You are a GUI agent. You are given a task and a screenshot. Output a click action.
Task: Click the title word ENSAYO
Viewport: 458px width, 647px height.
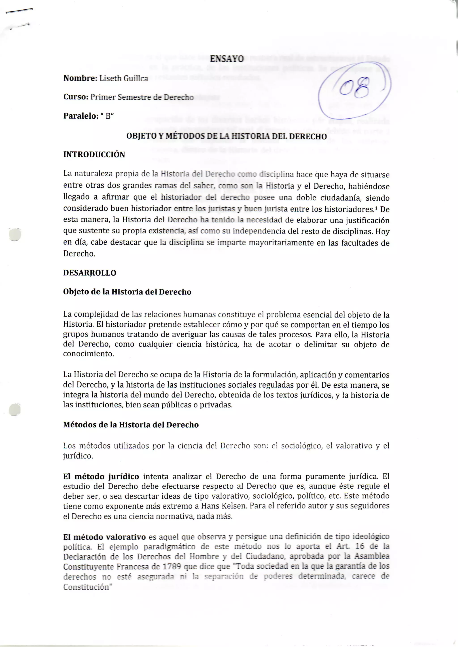point(227,59)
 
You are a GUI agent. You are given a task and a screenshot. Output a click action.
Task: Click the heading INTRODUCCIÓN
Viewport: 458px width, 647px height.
point(94,155)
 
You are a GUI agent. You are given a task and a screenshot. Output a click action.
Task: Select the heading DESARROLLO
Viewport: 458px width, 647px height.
point(89,273)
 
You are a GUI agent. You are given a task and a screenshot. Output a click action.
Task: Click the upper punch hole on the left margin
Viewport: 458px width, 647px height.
point(15,234)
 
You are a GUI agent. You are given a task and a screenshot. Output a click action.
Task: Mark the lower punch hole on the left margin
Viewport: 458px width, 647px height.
point(15,410)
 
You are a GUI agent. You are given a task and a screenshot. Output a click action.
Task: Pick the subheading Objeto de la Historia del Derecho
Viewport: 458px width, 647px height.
point(127,292)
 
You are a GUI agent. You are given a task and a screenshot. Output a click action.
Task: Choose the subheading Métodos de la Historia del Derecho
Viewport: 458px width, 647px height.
point(131,425)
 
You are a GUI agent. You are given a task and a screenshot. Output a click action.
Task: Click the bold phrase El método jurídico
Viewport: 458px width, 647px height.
point(101,477)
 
